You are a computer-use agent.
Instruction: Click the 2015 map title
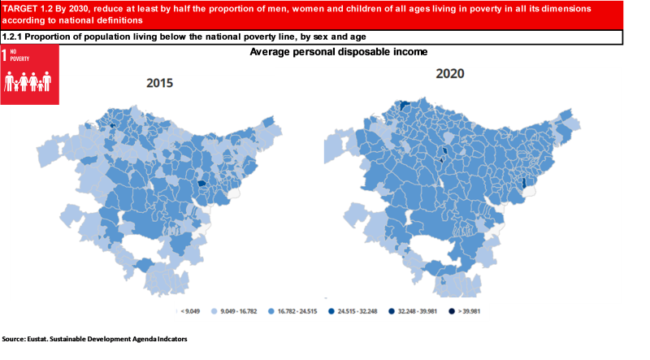pyautogui.click(x=159, y=83)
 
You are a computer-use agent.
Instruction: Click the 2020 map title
pyautogui.click(x=449, y=74)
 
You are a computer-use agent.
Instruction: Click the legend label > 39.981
pyautogui.click(x=469, y=310)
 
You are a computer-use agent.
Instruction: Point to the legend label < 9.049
pyautogui.click(x=191, y=310)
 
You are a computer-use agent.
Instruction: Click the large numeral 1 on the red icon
pyautogui.click(x=6, y=55)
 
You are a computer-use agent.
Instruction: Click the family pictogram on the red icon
pyautogui.click(x=28, y=81)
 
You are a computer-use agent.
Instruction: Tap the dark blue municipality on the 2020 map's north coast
pyautogui.click(x=402, y=104)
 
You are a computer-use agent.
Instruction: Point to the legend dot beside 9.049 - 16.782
pyautogui.click(x=214, y=310)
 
